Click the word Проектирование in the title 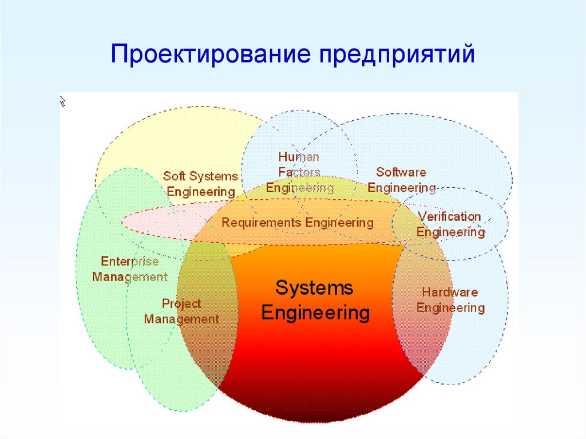click(x=210, y=54)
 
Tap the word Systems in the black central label click(x=314, y=288)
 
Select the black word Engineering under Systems click(x=316, y=313)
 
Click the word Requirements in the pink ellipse click(x=262, y=223)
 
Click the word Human click(x=299, y=157)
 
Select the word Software click(x=401, y=172)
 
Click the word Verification click(x=450, y=216)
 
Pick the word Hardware click(x=450, y=292)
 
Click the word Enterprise click(x=130, y=261)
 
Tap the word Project click(x=181, y=303)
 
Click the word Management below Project click(x=181, y=319)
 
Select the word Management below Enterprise click(x=130, y=276)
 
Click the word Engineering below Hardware click(x=451, y=308)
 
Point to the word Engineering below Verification click(x=451, y=232)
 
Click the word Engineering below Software click(x=402, y=188)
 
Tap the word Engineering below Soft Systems click(x=201, y=192)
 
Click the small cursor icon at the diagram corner click(x=63, y=101)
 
